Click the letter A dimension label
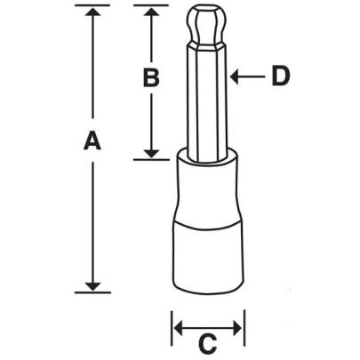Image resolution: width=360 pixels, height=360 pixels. coord(91,141)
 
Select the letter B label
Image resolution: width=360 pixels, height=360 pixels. coord(151,78)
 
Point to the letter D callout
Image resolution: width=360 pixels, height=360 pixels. coord(280,77)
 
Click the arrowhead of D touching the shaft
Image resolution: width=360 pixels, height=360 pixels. coord(234,77)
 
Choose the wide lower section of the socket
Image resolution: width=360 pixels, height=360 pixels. coord(207,258)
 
